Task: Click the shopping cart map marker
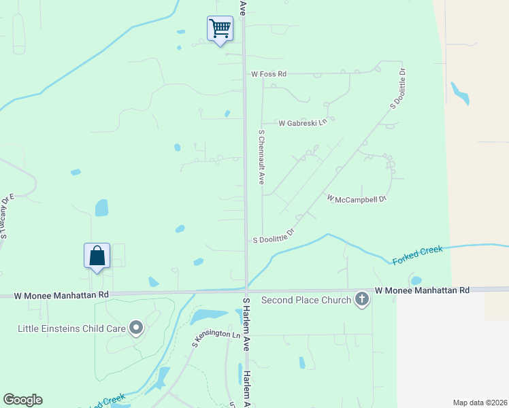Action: (220, 29)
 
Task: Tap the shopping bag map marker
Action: (97, 256)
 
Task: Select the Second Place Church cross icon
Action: (362, 299)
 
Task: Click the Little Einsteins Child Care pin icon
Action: (136, 328)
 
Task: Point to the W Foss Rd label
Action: (269, 73)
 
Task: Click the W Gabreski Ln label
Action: (303, 123)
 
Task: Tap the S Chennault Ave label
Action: (261, 158)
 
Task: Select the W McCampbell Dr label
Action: (357, 199)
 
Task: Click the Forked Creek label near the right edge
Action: (417, 254)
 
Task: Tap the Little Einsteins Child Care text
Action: (71, 328)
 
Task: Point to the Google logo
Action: (22, 400)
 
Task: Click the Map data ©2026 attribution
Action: (480, 403)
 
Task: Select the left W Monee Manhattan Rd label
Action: (61, 295)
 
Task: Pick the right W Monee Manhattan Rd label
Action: (422, 290)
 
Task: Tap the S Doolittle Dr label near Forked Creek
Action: (274, 237)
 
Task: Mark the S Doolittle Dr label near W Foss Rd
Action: (397, 88)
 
